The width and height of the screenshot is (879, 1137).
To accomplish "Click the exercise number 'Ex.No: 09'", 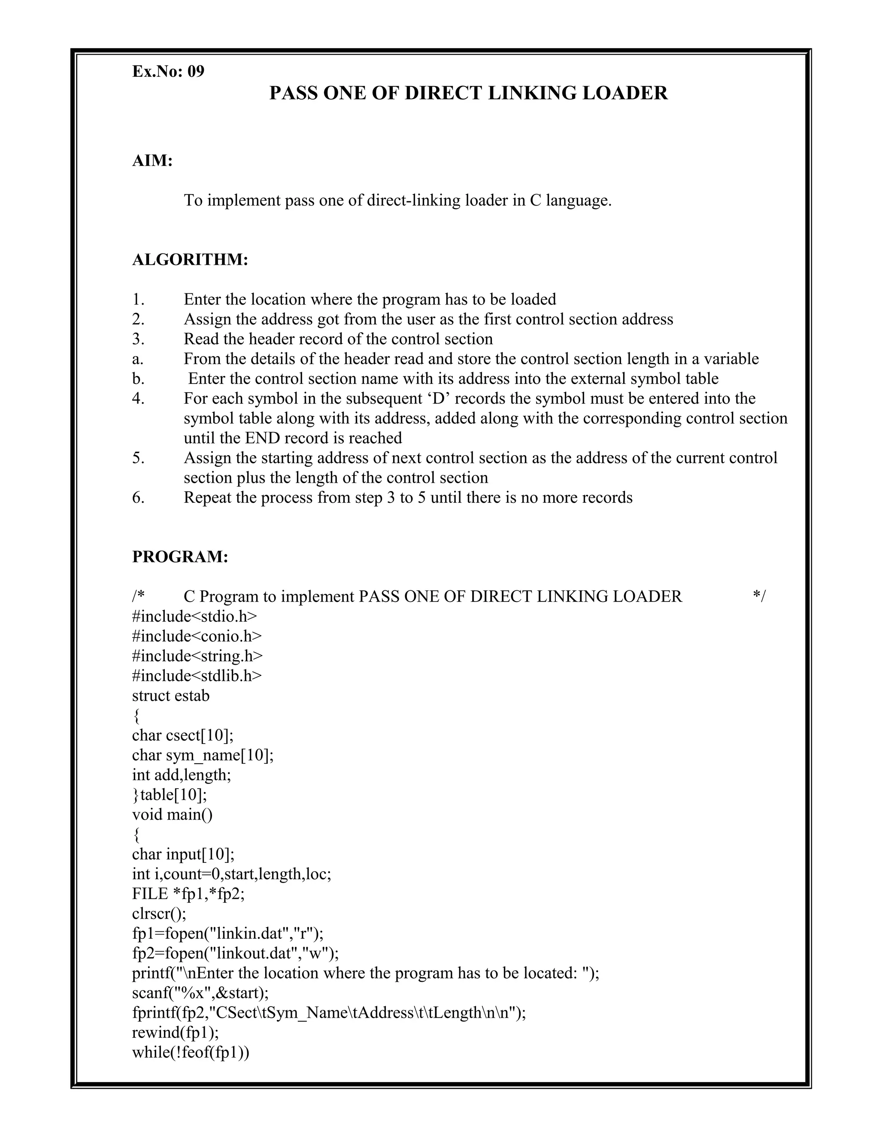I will click(x=168, y=71).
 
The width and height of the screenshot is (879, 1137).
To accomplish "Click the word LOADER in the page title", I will click(x=624, y=93).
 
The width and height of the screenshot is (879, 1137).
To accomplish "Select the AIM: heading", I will click(x=152, y=161).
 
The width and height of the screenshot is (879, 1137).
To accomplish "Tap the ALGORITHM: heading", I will click(x=190, y=259).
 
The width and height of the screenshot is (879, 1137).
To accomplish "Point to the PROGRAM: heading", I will click(x=180, y=556).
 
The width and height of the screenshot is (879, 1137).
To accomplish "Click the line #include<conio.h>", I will click(x=197, y=636).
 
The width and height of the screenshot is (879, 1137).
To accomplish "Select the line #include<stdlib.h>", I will click(x=197, y=676).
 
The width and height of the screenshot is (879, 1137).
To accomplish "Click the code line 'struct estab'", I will click(x=171, y=696).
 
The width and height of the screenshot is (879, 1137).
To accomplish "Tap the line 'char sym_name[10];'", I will click(x=203, y=756).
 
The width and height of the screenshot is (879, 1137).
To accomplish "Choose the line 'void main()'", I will click(x=173, y=815).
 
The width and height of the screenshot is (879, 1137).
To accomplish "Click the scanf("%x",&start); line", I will click(x=200, y=993).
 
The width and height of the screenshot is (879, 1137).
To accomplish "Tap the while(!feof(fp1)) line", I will click(x=191, y=1052).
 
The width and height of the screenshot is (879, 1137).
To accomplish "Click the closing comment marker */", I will click(x=759, y=597).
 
